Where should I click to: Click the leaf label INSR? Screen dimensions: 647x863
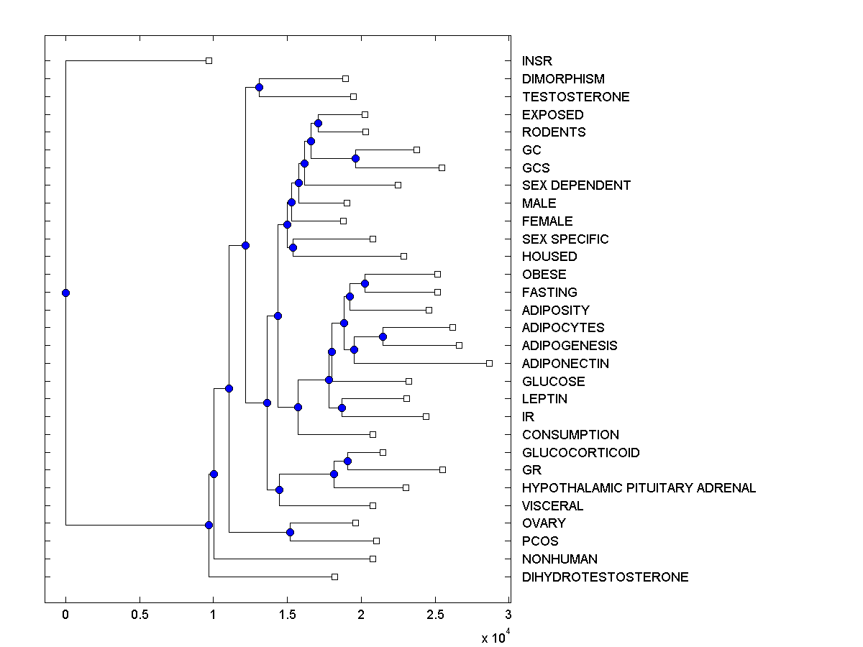point(537,61)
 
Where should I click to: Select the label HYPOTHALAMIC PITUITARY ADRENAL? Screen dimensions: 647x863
point(639,488)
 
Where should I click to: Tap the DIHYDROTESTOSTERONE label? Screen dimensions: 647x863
point(605,577)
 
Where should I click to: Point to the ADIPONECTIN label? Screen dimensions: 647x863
point(565,364)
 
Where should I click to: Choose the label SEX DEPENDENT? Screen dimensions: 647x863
point(576,185)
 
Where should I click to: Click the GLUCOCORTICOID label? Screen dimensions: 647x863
point(580,453)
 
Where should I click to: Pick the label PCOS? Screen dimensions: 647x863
point(540,541)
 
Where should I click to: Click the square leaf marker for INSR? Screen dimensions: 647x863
point(209,60)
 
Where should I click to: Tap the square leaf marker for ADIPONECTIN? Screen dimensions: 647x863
point(489,363)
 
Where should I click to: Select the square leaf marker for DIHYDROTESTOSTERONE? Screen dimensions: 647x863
point(334,577)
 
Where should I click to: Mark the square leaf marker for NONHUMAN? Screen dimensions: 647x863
point(373,559)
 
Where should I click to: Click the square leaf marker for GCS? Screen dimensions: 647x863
point(442,168)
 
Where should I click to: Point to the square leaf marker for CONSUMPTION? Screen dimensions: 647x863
point(373,434)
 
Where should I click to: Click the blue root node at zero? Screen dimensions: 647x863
point(65,293)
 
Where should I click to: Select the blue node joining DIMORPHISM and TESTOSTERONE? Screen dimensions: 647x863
point(259,87)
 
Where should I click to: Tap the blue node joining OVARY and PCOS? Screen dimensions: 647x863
point(290,532)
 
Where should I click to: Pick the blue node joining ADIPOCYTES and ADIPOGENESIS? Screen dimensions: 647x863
point(383,336)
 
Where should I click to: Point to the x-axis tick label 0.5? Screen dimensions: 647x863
point(140,615)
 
